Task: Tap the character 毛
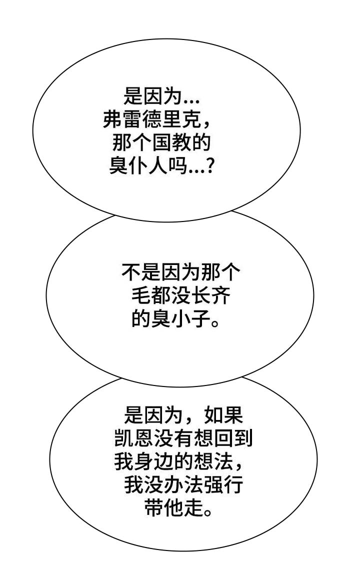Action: pos(140,296)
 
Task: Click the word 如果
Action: pos(224,415)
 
